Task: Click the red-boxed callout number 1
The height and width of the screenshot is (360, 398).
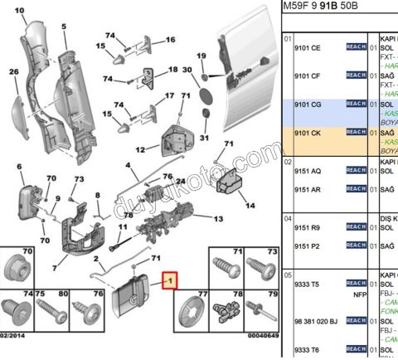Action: tap(170, 280)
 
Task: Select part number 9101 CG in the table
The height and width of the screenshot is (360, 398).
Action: tap(308, 105)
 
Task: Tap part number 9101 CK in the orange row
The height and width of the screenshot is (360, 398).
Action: tap(308, 132)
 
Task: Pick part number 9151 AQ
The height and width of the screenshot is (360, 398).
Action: tap(308, 170)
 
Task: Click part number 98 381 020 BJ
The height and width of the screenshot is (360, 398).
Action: tap(317, 321)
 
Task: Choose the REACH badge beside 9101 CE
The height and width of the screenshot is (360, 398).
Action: tap(356, 49)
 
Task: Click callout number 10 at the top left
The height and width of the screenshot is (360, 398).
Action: tap(19, 11)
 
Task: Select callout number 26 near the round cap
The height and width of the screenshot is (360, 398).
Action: tap(13, 72)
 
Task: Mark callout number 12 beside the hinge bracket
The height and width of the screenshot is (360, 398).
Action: tap(141, 149)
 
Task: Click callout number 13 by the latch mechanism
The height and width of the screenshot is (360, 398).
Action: tap(218, 219)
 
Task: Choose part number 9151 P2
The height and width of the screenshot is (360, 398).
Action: tap(308, 246)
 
